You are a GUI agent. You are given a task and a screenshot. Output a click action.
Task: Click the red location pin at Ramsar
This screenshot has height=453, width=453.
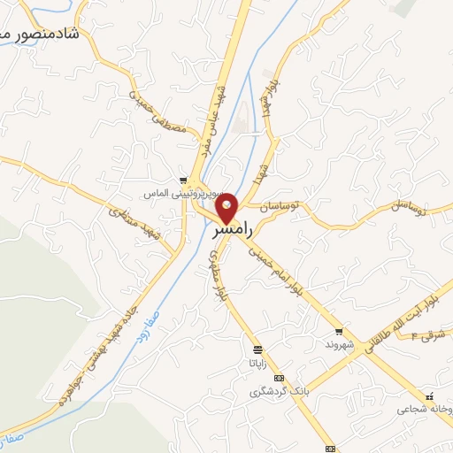click(x=228, y=207)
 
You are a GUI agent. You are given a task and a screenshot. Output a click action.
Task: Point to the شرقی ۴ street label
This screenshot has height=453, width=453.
click(x=433, y=334)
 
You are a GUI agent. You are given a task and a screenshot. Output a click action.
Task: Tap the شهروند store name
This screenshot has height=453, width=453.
click(x=339, y=343)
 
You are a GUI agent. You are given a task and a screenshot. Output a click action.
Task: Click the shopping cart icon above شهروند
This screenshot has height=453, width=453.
click(x=339, y=331)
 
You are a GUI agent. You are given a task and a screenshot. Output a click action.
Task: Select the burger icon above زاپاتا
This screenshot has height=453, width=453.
click(x=257, y=349)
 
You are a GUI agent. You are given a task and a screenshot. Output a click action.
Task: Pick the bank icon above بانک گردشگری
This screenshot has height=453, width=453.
click(x=280, y=378)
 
